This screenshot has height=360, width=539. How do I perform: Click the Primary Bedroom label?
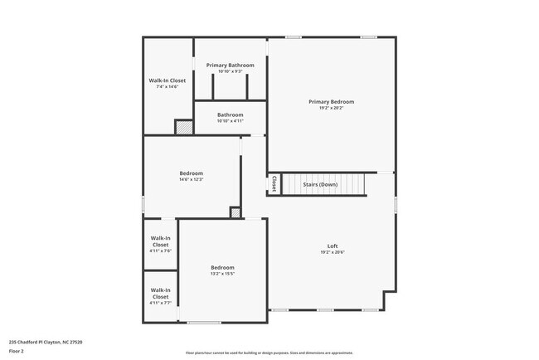click(x=331, y=101)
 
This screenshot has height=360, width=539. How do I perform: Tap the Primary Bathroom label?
click(x=230, y=65)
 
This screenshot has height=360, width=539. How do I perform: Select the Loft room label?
click(x=332, y=246)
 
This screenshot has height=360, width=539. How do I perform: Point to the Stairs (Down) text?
click(x=319, y=184)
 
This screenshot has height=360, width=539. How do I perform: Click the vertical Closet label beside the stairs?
click(x=274, y=182)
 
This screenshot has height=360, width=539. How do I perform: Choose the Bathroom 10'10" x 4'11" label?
click(x=230, y=114)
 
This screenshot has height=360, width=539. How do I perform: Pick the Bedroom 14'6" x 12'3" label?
click(x=191, y=173)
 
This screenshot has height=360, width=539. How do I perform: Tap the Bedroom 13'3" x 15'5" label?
click(x=222, y=267)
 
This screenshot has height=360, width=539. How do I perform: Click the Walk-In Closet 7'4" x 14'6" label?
click(x=167, y=80)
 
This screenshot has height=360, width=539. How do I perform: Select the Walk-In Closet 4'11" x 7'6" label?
click(x=160, y=241)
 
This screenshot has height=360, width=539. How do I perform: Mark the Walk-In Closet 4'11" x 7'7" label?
click(x=160, y=293)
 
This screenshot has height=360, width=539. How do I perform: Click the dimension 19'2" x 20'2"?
click(x=331, y=108)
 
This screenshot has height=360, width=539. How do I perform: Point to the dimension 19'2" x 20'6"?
click(x=332, y=252)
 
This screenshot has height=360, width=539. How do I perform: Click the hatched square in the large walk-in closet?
click(x=183, y=127)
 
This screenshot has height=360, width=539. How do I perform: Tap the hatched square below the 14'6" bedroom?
click(x=236, y=213)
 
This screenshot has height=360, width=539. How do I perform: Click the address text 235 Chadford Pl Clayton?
click(x=46, y=342)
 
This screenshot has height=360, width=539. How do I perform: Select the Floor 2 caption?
click(x=17, y=351)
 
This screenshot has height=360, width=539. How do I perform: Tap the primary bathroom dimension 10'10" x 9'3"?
click(x=230, y=71)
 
